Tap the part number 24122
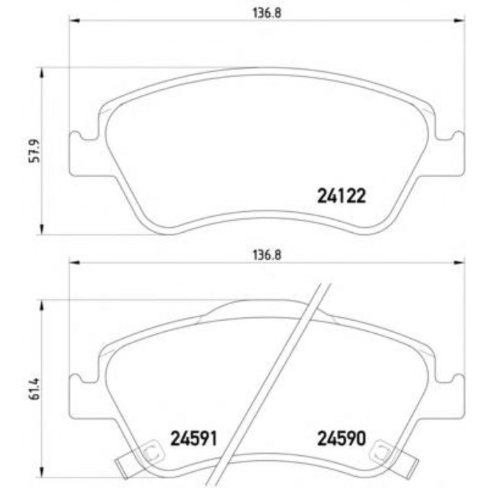click(342, 197)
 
